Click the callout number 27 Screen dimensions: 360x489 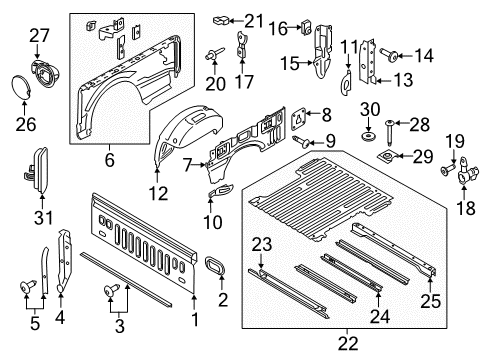coord(38,36)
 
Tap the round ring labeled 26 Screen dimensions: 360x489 coord(23,87)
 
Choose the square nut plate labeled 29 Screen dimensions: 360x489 coord(386,157)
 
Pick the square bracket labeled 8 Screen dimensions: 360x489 coord(298,118)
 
